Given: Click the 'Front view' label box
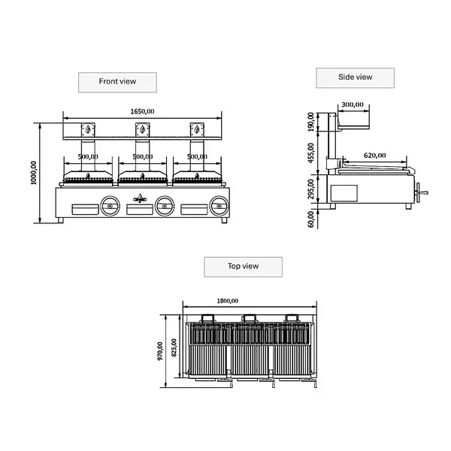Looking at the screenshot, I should pos(117,81).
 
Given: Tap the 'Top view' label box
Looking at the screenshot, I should pos(243,266).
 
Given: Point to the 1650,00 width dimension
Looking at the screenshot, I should pos(142,111).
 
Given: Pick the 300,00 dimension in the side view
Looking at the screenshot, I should pos(352,105).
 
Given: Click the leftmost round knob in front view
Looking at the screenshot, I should pos(110,204).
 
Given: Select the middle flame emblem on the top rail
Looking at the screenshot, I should pos(142,129).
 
